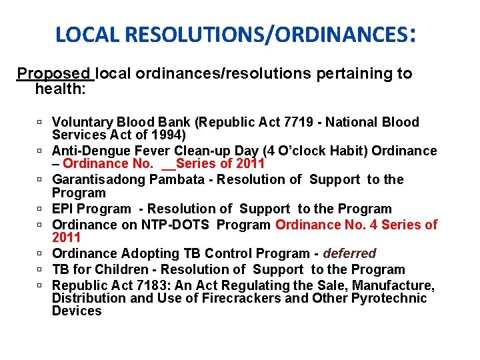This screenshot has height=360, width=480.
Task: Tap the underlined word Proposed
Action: tap(54, 73)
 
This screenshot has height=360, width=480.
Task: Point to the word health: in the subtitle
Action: tap(60, 88)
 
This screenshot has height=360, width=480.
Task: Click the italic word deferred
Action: tap(349, 253)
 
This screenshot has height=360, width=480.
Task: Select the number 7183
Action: tap(148, 285)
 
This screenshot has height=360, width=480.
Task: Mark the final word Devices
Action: tap(77, 311)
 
